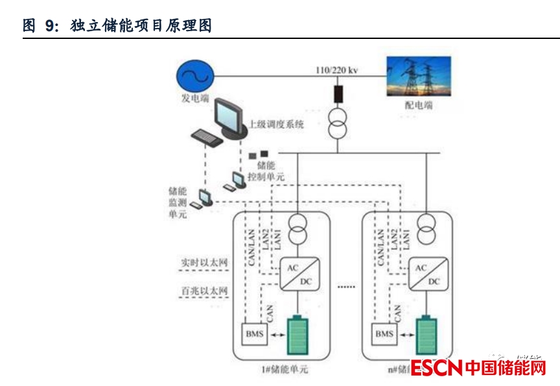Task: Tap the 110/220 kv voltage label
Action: [336, 70]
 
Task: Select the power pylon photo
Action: [418, 77]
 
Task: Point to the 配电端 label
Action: [419, 104]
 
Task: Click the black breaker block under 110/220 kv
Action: [338, 93]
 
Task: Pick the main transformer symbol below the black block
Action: [338, 123]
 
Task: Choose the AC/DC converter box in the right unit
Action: [427, 274]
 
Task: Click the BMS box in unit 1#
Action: [255, 334]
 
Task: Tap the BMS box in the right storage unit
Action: [384, 334]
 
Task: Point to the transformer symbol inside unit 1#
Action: [297, 226]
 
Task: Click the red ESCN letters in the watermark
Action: [436, 368]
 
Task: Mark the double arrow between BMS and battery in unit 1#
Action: [277, 335]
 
